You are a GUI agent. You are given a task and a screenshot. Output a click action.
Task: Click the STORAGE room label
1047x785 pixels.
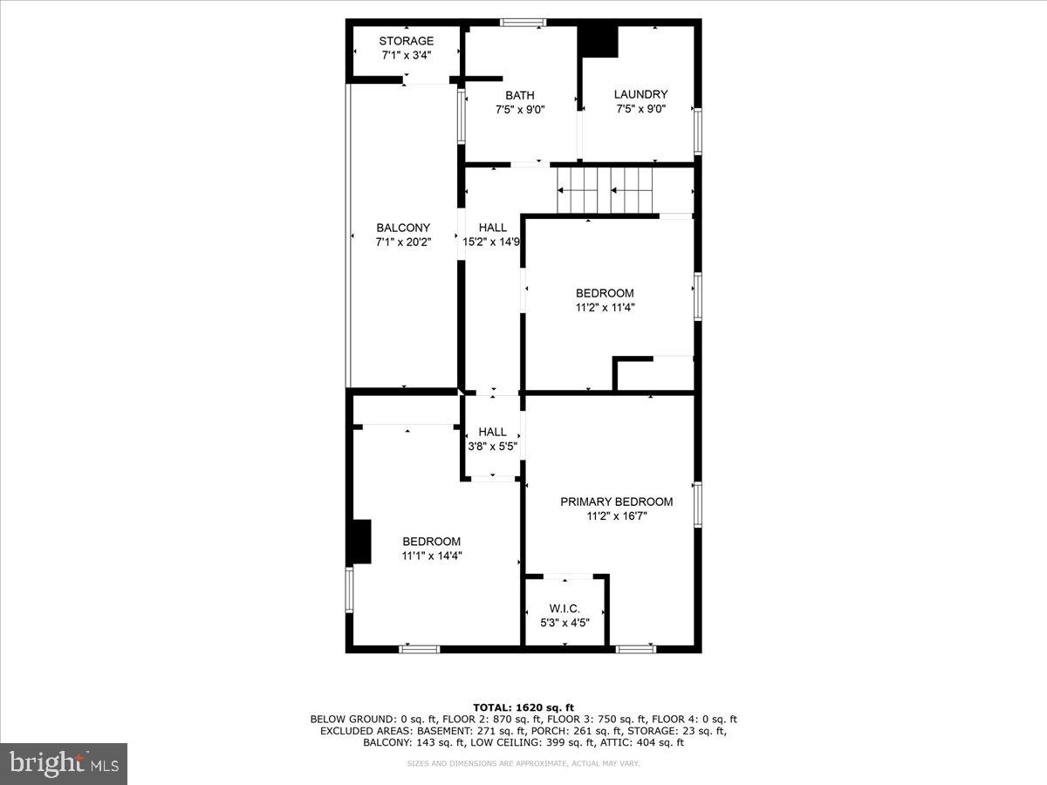point(406,41)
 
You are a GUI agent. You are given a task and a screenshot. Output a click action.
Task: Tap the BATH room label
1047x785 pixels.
point(520,95)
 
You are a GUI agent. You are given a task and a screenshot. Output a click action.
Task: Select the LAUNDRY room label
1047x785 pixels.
point(640,94)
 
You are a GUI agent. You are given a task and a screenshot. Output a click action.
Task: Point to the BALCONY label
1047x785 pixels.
point(403,228)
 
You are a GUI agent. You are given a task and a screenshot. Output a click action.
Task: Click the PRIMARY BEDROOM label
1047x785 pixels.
point(616,502)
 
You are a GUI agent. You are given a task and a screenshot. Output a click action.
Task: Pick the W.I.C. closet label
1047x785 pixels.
point(565,608)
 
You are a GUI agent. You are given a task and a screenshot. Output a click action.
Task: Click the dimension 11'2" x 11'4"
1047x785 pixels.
point(604,307)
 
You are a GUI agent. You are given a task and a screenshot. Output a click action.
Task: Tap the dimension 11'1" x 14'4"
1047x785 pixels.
point(431,556)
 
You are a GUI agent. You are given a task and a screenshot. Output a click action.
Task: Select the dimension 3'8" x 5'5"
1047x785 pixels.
point(492,446)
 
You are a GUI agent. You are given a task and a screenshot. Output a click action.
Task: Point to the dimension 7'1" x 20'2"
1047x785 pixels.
point(403,242)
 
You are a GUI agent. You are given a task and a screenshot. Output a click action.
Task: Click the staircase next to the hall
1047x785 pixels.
point(605,190)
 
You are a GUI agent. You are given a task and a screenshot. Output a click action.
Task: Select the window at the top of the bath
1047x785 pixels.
point(523,23)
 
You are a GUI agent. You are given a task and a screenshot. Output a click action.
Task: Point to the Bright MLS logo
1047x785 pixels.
point(64,764)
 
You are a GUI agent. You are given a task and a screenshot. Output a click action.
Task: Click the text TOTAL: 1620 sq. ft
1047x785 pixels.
point(523,706)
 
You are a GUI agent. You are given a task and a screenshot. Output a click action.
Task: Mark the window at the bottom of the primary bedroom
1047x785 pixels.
point(635,648)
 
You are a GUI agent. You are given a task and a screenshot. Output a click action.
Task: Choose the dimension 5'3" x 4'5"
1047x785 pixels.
point(565,622)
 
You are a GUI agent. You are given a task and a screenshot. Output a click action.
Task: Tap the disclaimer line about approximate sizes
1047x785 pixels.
point(523,764)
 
